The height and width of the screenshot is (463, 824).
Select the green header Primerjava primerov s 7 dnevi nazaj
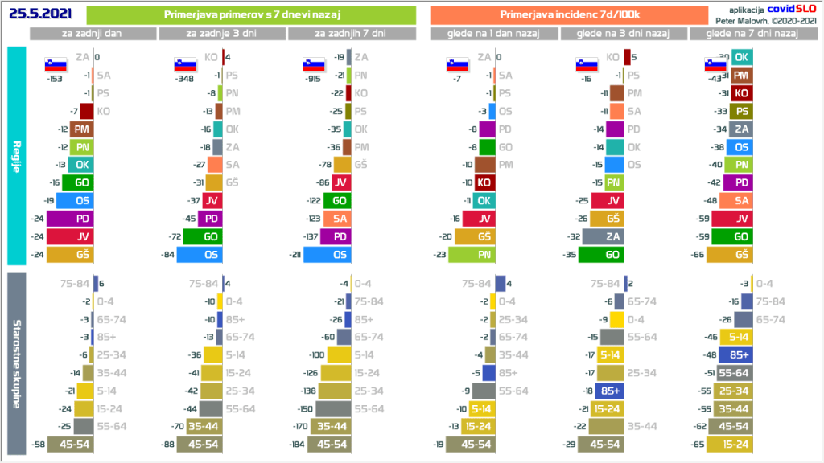pos(251,15)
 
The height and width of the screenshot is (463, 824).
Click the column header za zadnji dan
pos(93,34)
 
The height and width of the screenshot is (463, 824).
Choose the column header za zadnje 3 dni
pos(221,34)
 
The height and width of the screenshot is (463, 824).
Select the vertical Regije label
pos(17,155)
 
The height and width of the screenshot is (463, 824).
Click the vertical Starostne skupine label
pos(17,364)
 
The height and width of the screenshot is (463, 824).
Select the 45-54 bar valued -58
pos(71,445)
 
